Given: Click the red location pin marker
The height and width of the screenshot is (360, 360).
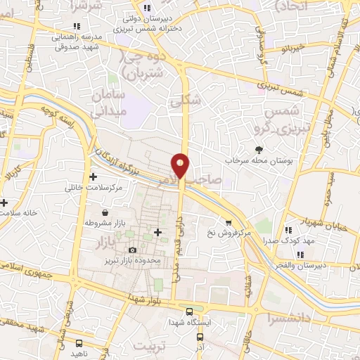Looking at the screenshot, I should pos(181,165).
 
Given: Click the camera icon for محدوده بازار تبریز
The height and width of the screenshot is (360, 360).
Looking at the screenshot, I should pos(133,250).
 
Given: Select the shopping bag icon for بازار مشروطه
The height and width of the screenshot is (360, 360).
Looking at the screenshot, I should pos(105,212).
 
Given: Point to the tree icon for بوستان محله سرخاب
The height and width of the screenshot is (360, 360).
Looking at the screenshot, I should pos(259,149).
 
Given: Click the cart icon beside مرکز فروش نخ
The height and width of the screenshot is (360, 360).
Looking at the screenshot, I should pos(228,222).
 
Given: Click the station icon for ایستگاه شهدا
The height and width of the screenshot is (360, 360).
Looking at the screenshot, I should pos(188,311).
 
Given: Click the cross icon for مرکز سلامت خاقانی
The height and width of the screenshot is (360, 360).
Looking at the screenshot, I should pos(93,176).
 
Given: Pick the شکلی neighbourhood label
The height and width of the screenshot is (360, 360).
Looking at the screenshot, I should pos(185,101).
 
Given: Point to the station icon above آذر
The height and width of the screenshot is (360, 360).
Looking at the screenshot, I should pos(198,337).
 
